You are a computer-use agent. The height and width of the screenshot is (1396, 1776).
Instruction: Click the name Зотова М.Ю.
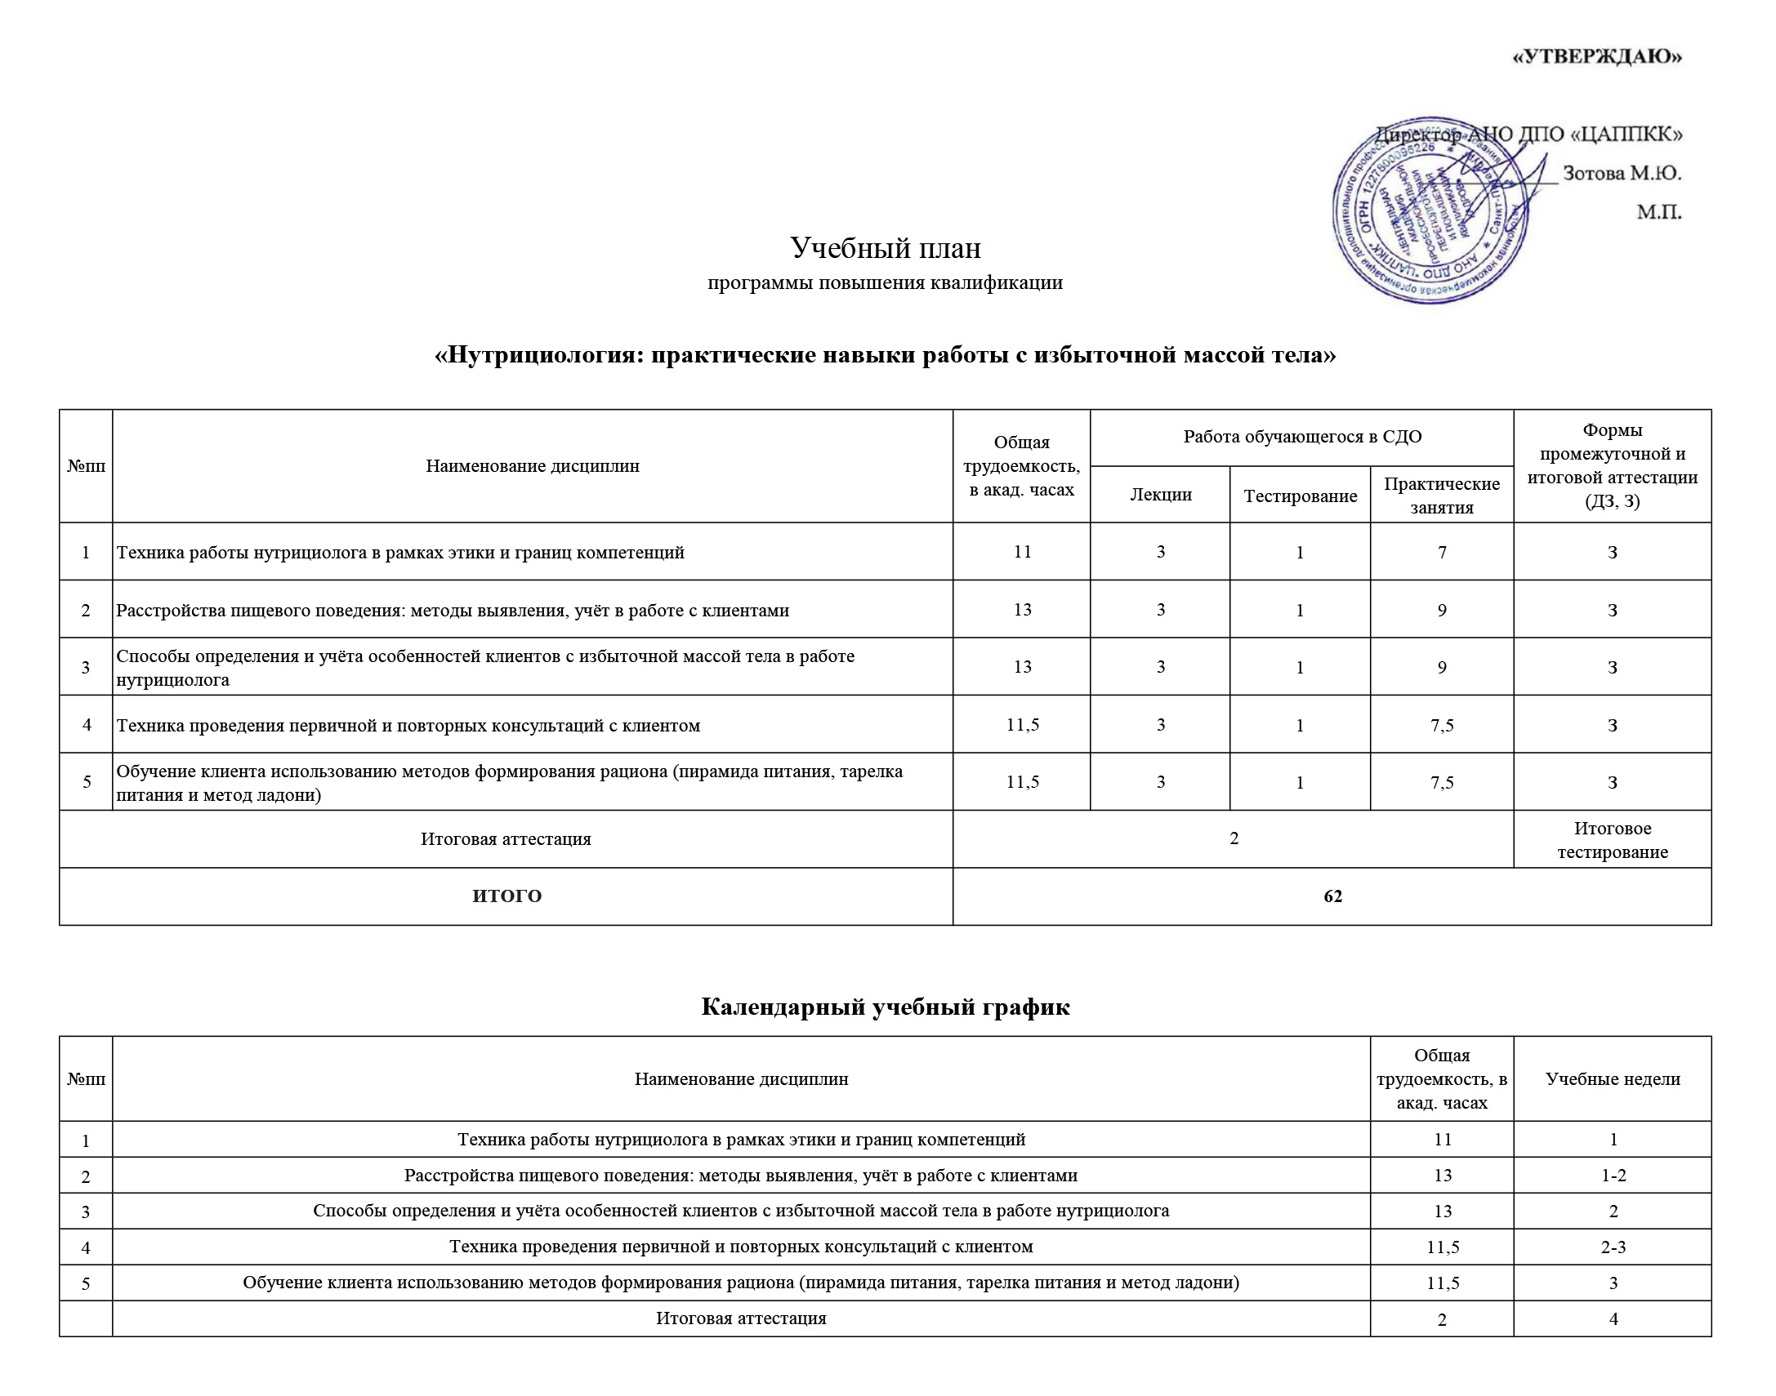pos(1622,173)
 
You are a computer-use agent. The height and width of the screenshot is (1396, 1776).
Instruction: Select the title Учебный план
pos(886,247)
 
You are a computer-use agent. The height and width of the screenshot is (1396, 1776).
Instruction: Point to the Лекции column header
pos(1160,495)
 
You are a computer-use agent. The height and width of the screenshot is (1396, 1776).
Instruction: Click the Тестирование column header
pos(1300,496)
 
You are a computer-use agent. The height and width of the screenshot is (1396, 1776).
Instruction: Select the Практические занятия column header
pos(1442,495)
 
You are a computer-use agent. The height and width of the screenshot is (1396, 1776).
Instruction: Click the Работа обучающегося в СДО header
pos(1301,437)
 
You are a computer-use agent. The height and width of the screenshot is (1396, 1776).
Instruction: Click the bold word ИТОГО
pos(507,896)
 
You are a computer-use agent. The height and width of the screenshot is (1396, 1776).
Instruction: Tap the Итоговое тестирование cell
pos(1612,839)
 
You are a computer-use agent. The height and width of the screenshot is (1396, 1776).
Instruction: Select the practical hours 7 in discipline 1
pos(1442,553)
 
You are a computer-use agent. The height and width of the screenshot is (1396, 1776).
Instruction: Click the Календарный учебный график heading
pos(886,1006)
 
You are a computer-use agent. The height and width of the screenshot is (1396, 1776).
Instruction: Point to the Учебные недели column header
pos(1613,1079)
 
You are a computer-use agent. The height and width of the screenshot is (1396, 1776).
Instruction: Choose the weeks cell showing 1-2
pos(1613,1176)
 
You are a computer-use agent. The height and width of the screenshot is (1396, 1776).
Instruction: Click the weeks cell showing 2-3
pos(1613,1247)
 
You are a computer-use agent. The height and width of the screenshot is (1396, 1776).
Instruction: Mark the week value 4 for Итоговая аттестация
pos(1613,1318)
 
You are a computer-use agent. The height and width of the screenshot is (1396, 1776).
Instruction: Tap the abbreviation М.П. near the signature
pos(1658,212)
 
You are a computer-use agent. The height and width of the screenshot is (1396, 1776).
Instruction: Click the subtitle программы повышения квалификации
pos(886,282)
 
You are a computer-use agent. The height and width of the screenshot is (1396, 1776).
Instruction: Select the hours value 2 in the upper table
pos(1234,838)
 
